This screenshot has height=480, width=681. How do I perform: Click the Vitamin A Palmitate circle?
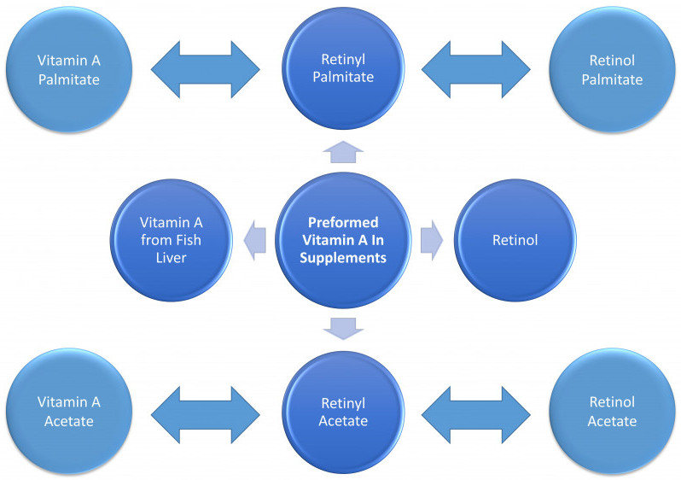point(69,69)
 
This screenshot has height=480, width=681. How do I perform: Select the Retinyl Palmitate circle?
point(343,68)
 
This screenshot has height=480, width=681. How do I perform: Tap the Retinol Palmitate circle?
point(612,69)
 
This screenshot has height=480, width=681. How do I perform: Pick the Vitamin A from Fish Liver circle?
point(172,240)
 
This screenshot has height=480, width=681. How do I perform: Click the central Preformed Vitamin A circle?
point(343,240)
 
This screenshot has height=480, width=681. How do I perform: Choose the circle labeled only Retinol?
point(515,240)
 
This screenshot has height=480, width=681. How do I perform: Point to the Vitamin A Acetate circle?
point(69,411)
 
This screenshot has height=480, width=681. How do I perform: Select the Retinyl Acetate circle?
point(343,413)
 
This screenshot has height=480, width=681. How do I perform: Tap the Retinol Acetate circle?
point(612,411)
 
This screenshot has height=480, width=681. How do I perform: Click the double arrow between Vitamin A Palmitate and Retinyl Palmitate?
point(206,69)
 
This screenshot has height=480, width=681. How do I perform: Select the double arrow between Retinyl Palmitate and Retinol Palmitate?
point(476,69)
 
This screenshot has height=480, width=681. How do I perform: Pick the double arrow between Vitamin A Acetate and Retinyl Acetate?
point(206,415)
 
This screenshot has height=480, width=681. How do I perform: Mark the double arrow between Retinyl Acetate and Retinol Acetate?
point(476,415)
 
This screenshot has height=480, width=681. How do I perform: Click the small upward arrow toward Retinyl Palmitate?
point(343,152)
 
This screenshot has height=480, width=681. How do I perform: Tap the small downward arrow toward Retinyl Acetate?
point(343,329)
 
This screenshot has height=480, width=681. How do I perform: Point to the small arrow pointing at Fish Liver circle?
point(255,240)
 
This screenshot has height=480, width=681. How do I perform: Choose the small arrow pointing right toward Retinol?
point(432,240)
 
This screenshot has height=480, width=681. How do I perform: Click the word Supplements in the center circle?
point(343,258)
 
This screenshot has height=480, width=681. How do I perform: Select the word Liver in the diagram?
point(172,258)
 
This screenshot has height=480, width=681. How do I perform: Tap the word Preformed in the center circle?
point(343,222)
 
